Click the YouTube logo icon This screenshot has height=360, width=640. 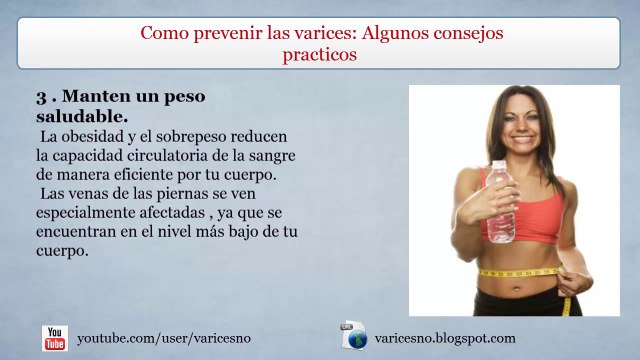[x=55, y=338]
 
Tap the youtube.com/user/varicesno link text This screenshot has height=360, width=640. [x=164, y=339]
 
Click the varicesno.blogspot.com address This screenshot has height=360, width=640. [x=444, y=338]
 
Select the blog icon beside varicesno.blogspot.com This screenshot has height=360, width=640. [x=354, y=337]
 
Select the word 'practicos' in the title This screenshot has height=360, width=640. [x=319, y=55]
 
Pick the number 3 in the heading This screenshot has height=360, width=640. [x=41, y=97]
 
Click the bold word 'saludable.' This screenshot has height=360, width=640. [x=81, y=116]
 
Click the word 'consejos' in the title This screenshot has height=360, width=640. [x=464, y=33]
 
